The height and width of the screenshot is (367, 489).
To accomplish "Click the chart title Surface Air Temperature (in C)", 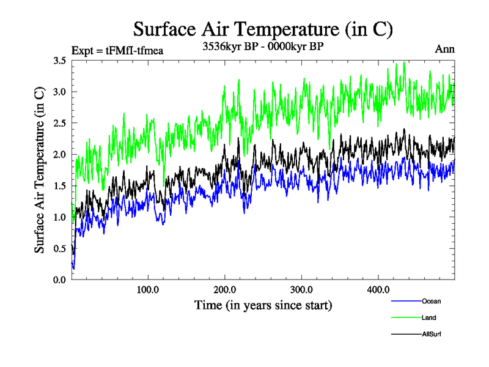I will [262, 29].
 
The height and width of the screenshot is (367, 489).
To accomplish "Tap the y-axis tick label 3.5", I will [60, 61].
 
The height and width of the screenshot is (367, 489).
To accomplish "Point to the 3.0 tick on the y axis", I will [60, 92].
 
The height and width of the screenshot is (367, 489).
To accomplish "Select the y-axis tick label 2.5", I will [60, 123].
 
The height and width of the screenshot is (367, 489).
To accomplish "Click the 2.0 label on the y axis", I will [60, 155].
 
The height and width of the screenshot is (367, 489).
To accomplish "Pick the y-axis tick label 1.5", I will [60, 186].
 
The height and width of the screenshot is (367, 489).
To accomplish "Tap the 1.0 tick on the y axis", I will [60, 217].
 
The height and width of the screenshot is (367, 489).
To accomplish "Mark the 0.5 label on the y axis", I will [60, 248].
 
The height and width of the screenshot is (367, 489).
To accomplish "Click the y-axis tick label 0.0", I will [60, 280].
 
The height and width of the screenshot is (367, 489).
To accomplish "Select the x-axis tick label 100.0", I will [149, 289].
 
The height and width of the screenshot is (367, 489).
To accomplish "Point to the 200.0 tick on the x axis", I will [225, 289].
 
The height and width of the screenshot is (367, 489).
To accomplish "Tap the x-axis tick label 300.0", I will [302, 289].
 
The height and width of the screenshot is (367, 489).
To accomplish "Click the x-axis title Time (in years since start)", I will [263, 304].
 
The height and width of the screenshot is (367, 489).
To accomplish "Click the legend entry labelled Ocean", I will [431, 301].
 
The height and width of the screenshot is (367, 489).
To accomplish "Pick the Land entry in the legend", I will [428, 317].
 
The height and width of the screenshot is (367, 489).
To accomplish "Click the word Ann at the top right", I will [444, 49].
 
